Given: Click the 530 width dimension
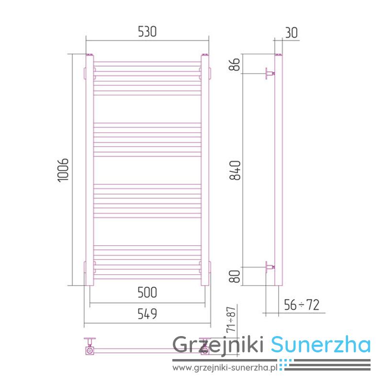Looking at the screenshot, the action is [x=147, y=32].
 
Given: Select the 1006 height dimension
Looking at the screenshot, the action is [x=63, y=170].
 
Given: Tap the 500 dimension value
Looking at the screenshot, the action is [x=147, y=293].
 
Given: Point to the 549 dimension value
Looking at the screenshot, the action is [x=147, y=314].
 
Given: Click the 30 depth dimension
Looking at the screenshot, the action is [x=292, y=33].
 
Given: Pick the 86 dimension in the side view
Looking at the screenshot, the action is [x=235, y=64].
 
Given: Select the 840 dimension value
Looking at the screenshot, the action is [x=235, y=170].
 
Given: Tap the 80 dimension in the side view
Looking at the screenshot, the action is [x=235, y=276].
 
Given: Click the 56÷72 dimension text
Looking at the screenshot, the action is [x=302, y=305].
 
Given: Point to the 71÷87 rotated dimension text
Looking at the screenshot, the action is [x=231, y=319].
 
